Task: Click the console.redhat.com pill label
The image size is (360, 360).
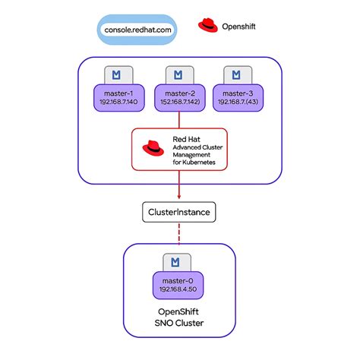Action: point(137,30)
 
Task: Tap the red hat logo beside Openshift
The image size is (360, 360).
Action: point(208,25)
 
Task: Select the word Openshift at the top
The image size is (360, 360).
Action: point(238,27)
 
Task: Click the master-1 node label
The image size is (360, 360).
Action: point(118,93)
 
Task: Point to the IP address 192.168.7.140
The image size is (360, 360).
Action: point(118,102)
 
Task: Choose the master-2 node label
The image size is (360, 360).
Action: point(180,93)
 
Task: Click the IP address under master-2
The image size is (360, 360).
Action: point(180,102)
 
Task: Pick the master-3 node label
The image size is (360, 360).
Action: point(238,93)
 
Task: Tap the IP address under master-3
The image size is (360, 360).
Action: point(238,102)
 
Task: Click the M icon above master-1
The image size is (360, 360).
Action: point(116,75)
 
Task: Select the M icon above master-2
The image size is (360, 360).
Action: point(178,75)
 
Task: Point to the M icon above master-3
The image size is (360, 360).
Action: point(236,75)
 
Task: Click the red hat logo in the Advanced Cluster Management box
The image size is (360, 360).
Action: point(153,148)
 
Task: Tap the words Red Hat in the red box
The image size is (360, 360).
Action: point(186,139)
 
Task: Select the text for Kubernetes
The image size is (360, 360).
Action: point(194,162)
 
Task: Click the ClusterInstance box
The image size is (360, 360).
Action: point(179,212)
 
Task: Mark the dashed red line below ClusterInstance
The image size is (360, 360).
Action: point(179,233)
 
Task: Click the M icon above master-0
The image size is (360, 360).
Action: point(175,262)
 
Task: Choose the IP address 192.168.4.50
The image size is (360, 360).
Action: point(178,289)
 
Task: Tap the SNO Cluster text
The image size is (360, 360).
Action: point(179,323)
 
